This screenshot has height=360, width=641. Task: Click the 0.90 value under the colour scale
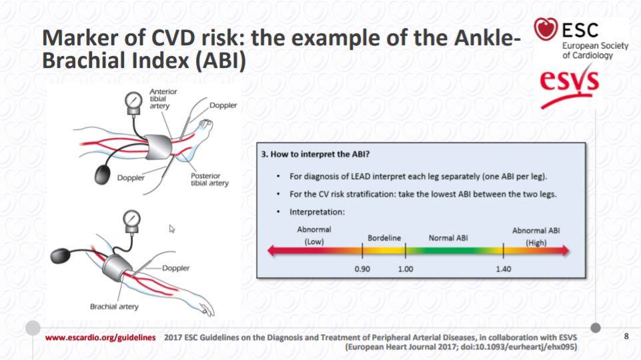coord(362,269)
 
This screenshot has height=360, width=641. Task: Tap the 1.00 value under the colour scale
coord(406,269)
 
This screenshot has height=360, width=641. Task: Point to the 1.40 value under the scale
coord(503,269)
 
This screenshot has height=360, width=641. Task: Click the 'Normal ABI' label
coord(448,238)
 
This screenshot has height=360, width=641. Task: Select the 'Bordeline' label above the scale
coord(384,238)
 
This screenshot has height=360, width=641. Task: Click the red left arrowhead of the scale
coord(273,251)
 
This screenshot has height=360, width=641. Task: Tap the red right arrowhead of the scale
coord(564,251)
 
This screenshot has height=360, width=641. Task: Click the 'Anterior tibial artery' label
coord(163,99)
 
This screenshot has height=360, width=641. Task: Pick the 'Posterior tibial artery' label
coord(209,179)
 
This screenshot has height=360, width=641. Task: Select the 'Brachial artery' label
coord(114,307)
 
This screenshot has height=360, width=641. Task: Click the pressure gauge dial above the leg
coord(133,100)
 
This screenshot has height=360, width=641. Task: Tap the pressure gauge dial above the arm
coord(131,219)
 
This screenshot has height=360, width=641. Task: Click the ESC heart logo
coord(546,29)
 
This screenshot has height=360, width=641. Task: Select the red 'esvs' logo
coord(569,87)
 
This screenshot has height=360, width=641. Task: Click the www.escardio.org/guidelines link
coord(100,337)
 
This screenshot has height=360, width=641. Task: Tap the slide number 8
coord(626,336)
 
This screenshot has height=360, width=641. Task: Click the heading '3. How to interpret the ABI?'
coord(315,154)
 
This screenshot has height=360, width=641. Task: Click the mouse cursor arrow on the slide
coord(171,229)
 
